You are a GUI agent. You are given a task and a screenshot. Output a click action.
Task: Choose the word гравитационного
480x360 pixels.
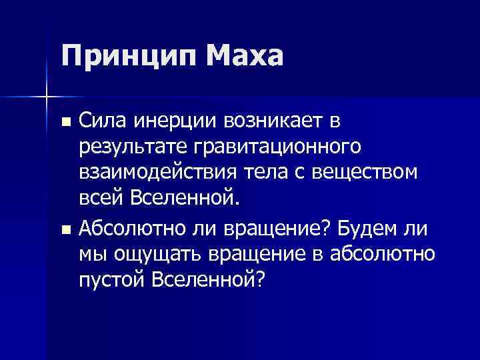tap(281, 147)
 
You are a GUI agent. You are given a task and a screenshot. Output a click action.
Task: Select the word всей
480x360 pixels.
tap(101, 198)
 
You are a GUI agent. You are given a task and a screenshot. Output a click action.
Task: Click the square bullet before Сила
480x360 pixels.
tap(65, 123)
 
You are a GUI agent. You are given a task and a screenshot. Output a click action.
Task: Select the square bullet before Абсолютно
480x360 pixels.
tap(65, 231)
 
